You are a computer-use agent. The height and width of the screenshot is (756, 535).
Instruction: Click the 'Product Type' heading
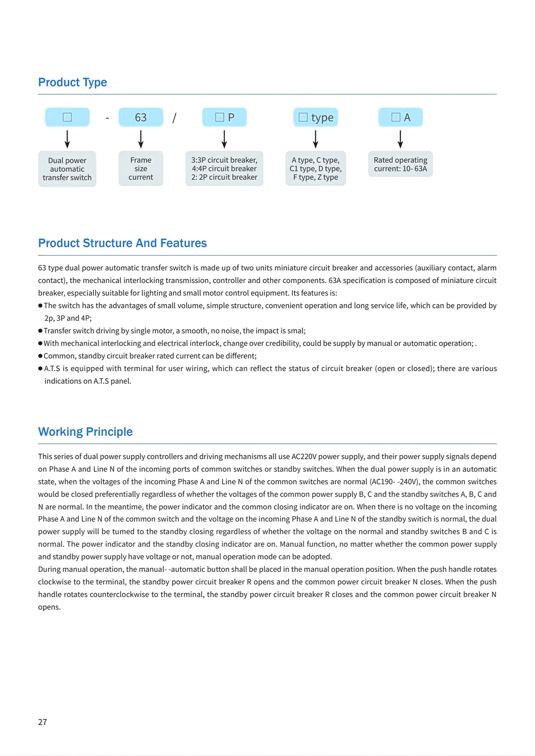tap(72, 82)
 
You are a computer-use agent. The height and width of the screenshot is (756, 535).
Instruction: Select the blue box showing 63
tap(141, 117)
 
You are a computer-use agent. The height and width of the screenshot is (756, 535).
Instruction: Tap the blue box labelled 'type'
tap(316, 117)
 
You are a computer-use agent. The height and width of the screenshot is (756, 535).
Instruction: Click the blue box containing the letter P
tap(224, 117)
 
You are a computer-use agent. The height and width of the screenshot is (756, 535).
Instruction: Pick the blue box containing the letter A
tap(401, 117)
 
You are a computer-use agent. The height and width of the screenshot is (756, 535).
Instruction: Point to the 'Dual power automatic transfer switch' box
tap(67, 169)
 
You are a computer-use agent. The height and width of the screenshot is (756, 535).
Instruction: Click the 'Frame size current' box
tap(141, 168)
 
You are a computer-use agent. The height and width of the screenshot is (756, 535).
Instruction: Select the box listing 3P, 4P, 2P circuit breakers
tap(224, 168)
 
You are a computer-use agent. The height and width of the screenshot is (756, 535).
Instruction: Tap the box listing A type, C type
tap(316, 168)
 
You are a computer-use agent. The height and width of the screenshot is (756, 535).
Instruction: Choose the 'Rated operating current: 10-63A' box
tap(401, 164)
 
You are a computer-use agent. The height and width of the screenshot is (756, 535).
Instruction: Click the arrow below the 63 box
tap(141, 139)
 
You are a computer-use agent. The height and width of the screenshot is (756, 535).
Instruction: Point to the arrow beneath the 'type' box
tap(316, 139)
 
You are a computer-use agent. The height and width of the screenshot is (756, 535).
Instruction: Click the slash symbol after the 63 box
tap(174, 118)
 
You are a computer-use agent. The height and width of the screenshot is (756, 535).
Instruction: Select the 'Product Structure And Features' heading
tap(122, 243)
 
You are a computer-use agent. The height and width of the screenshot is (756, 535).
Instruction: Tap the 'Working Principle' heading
tap(85, 432)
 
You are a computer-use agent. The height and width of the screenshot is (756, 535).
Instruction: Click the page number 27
tap(42, 722)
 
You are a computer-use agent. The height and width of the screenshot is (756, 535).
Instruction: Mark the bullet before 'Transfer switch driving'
tap(40, 331)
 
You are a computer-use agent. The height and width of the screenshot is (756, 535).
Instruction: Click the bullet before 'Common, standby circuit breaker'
tap(40, 356)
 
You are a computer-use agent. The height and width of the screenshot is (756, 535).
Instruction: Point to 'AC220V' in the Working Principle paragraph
tap(303, 456)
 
